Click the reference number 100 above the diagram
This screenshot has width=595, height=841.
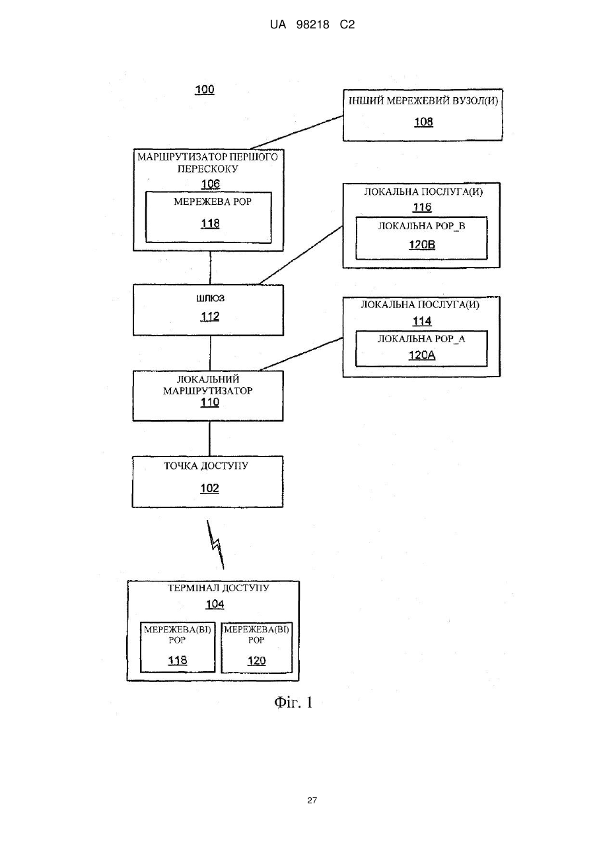pos(205,90)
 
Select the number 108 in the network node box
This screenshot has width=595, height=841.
pos(423,122)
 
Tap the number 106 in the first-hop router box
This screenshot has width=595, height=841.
pos(210,184)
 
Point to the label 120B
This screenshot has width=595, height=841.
pos(422,245)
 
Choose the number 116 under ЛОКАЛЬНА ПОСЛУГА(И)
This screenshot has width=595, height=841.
pos(422,207)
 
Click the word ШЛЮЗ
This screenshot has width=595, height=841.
pos(210,299)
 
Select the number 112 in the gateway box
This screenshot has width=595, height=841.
pos(210,316)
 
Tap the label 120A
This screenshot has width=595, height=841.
pos(422,355)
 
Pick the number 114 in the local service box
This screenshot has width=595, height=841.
pos(422,321)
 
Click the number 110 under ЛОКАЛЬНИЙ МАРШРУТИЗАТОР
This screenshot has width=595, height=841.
pos(210,402)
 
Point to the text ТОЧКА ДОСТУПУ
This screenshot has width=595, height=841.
pos(206,466)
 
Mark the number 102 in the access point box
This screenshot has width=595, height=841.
pos(209,488)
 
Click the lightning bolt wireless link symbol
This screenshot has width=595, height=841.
pos(215,544)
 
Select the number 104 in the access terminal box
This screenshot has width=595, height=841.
pos(215,604)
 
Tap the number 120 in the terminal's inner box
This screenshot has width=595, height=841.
pos(256,661)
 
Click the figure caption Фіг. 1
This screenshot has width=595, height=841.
pos(293,702)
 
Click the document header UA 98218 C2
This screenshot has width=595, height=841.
pos(312,25)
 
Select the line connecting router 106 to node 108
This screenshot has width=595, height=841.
pos(297,133)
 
